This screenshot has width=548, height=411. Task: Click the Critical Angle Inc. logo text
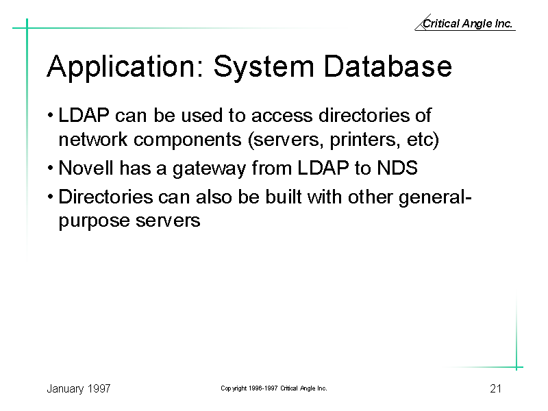467,23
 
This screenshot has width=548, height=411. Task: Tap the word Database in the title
388,66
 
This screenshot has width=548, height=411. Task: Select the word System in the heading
264,67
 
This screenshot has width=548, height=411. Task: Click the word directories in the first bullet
364,115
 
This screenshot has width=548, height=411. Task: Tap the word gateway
210,169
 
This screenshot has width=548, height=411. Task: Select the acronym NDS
397,168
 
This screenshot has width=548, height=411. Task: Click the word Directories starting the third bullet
105,197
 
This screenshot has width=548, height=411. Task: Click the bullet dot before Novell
51,168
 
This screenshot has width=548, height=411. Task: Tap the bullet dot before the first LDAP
51,115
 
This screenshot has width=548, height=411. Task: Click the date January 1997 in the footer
79,388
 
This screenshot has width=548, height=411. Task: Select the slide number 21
495,388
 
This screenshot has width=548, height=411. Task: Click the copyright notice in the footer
274,388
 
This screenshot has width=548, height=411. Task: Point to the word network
92,140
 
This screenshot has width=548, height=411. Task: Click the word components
188,140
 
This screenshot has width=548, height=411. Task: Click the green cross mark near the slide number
516,367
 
